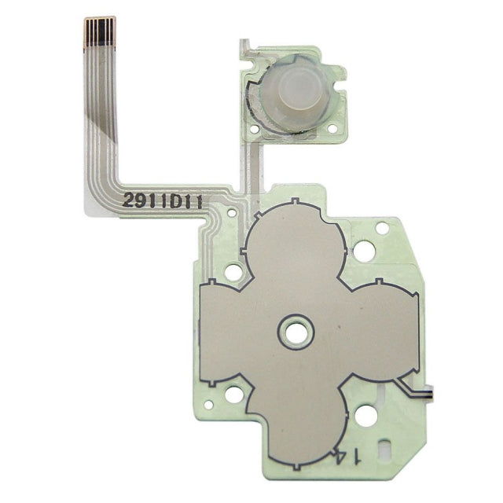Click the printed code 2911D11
(163, 202)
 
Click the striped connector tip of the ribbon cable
(100, 31)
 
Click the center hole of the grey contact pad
(296, 332)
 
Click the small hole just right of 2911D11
(231, 212)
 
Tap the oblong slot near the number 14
(384, 447)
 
